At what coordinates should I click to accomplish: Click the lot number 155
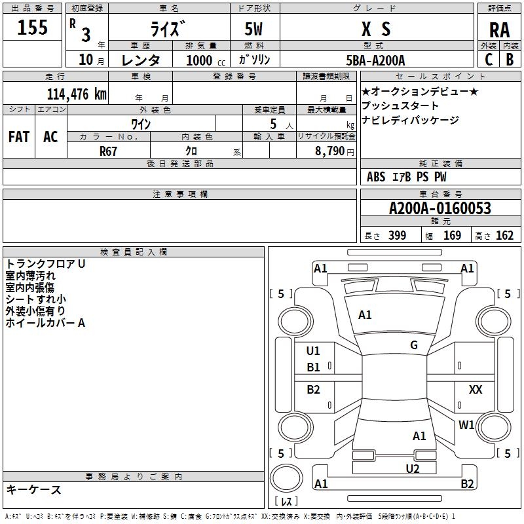[x=33, y=28]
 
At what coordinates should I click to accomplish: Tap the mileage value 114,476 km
[x=77, y=94]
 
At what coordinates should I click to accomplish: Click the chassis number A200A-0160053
[x=440, y=208]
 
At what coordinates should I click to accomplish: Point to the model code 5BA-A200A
[x=375, y=60]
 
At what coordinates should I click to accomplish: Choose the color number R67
[x=109, y=150]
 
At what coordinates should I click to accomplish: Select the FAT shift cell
[x=19, y=136]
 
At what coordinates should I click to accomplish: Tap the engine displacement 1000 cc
[x=201, y=60]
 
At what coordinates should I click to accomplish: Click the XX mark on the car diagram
[x=476, y=389]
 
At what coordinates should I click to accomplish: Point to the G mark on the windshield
[x=414, y=345]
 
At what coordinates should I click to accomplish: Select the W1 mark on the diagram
[x=466, y=425]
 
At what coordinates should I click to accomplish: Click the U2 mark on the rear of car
[x=412, y=468]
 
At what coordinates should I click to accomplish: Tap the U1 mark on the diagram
[x=314, y=351]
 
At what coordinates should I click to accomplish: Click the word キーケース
[x=33, y=489]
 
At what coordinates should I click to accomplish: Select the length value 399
[x=396, y=235]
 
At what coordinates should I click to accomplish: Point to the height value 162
[x=504, y=235]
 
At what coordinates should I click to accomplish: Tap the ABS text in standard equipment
[x=376, y=176]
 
